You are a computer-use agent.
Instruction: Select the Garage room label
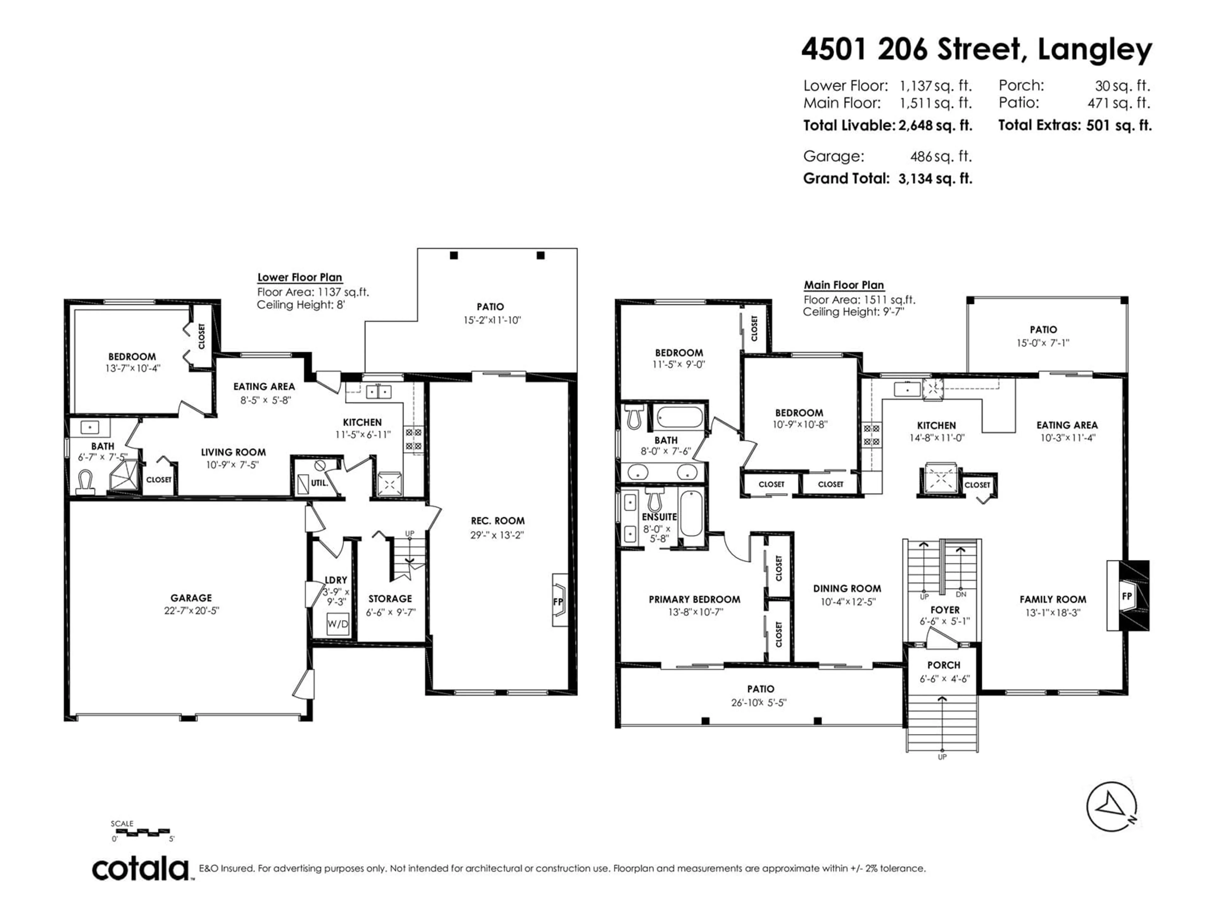click(191, 598)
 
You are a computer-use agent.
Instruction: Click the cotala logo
click(140, 870)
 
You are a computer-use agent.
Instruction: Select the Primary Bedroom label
click(694, 599)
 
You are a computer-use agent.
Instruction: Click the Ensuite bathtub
click(691, 513)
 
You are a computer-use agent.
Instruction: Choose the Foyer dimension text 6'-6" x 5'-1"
click(945, 621)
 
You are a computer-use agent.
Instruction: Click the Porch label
click(944, 665)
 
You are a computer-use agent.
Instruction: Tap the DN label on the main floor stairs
click(961, 594)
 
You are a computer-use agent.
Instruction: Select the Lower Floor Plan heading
click(300, 278)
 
